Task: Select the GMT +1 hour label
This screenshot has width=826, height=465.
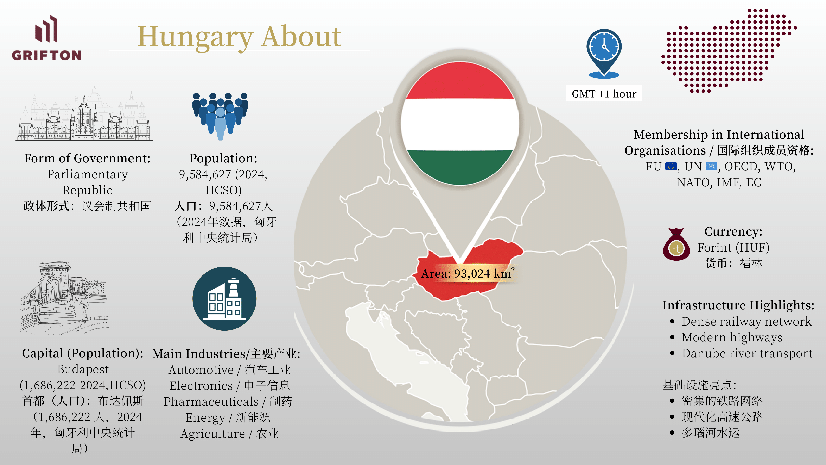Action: tap(604, 94)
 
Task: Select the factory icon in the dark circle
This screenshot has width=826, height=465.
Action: tap(224, 298)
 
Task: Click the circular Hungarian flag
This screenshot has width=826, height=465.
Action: tap(460, 124)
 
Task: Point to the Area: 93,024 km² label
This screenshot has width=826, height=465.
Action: tap(468, 273)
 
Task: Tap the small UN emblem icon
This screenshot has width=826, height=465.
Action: tap(711, 166)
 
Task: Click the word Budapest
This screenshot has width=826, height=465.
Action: tap(83, 369)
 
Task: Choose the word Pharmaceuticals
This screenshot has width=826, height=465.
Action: tap(211, 402)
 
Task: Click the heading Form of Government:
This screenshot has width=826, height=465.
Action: tap(87, 158)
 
